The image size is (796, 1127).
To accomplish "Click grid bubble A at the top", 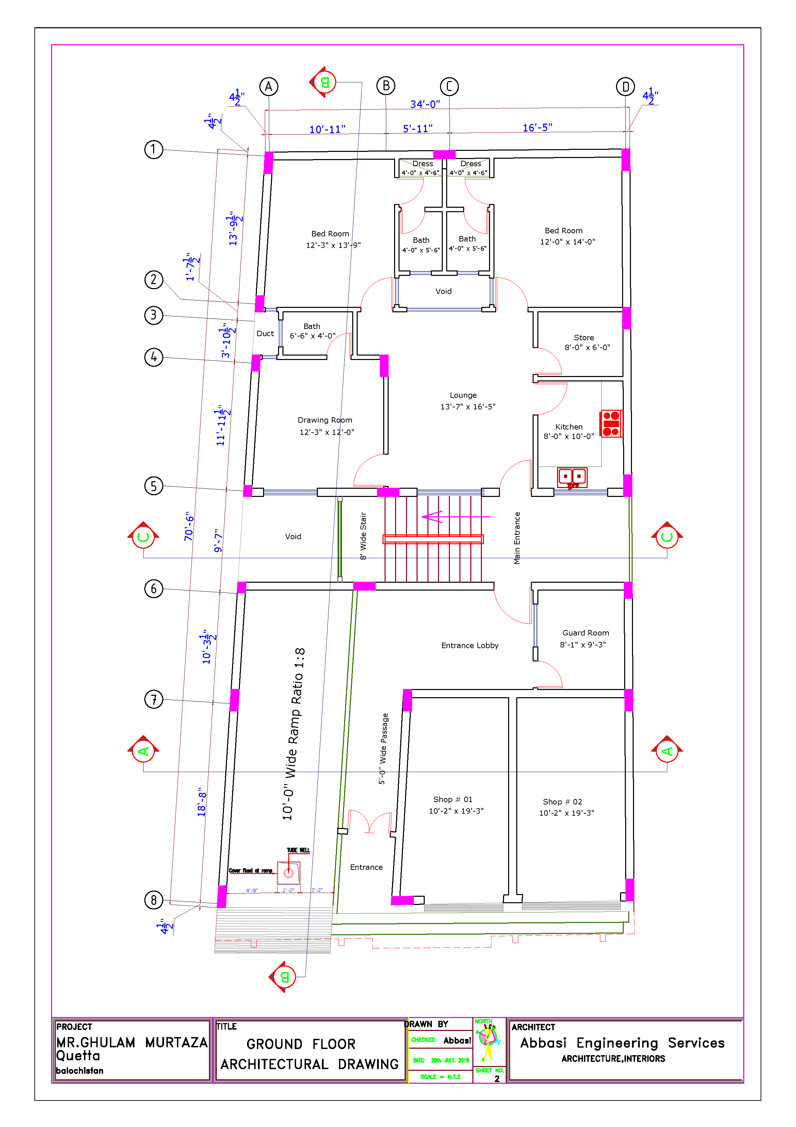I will [x=268, y=87].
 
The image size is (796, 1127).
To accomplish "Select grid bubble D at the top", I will [x=625, y=87].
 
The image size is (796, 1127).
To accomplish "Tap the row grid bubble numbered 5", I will [x=153, y=486].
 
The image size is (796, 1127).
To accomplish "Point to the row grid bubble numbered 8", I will [x=153, y=900].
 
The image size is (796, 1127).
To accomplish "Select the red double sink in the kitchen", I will [x=572, y=476].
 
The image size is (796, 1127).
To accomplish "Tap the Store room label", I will [x=584, y=338].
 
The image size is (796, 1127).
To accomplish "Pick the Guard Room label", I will [x=586, y=633].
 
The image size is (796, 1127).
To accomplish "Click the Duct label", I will [x=265, y=334].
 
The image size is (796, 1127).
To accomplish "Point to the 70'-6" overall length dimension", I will [x=189, y=526].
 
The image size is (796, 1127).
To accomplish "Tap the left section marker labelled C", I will [x=143, y=536].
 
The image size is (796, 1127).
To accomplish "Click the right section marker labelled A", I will [x=667, y=751].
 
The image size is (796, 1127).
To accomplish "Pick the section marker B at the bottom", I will [x=284, y=977].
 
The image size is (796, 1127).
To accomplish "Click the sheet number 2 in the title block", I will [x=497, y=1078].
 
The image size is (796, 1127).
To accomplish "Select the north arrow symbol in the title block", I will [x=488, y=1040].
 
